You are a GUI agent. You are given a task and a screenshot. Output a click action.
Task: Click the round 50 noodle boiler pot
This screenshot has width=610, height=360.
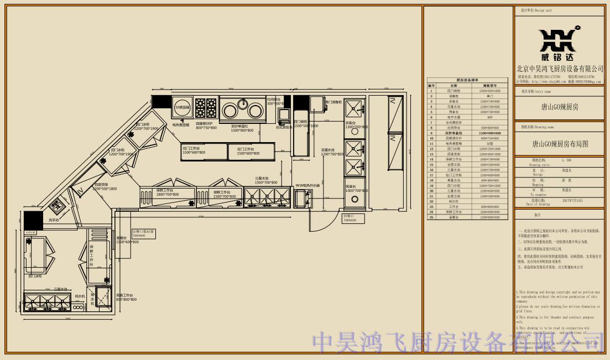182,107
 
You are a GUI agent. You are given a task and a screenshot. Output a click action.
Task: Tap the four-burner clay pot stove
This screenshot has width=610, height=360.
206,106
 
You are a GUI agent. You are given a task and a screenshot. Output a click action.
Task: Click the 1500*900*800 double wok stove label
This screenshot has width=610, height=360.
242,129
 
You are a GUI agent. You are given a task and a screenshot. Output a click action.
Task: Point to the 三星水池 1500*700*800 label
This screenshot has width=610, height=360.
266,180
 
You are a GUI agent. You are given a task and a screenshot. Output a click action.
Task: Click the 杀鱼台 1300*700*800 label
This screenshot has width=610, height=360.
356,125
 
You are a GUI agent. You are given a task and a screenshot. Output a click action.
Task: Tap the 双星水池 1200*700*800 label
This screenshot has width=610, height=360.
332,152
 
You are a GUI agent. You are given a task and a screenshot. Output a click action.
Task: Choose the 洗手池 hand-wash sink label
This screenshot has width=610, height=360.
54,220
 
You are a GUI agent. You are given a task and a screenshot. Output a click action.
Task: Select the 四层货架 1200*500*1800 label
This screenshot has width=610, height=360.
105,187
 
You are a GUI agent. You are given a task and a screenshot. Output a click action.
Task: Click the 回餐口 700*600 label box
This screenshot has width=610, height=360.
350,218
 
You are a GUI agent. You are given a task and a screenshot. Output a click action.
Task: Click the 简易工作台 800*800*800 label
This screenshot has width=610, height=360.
126,298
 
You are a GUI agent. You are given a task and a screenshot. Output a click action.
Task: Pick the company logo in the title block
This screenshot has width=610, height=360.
560,44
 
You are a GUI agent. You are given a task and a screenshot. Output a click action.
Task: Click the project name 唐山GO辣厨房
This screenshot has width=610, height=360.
560,107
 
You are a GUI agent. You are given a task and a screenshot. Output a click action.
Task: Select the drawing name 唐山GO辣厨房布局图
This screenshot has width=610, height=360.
560,144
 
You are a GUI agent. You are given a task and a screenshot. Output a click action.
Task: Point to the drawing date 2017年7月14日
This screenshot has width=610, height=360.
572,200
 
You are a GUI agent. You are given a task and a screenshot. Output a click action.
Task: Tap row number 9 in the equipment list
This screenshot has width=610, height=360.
431,133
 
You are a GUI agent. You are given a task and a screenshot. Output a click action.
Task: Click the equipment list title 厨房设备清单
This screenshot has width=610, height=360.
467,80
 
